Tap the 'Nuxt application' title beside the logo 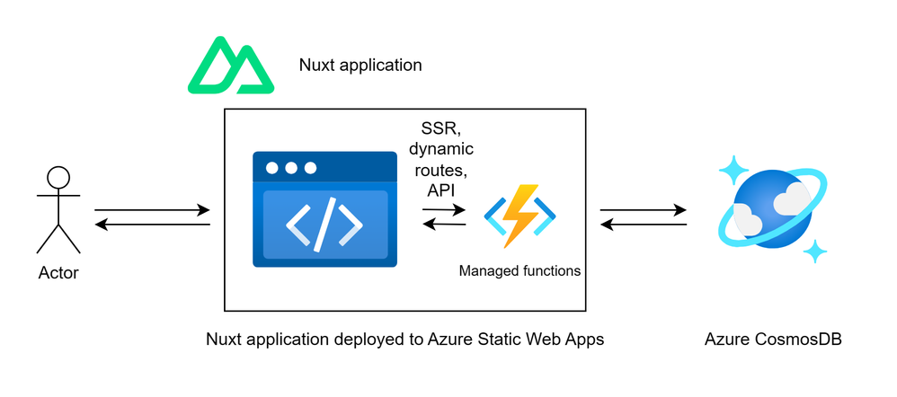coord(360,66)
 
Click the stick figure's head coord(58,177)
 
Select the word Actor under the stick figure coord(58,273)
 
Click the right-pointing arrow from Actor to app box coord(152,211)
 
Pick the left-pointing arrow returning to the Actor coord(152,225)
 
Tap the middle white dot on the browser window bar coord(290,168)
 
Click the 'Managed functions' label coord(520,270)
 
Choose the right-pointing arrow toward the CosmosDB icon coord(643,211)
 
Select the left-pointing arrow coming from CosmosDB coord(643,225)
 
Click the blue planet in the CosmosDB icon coord(770,208)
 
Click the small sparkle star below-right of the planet coord(814,251)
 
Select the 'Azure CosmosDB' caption coord(773,340)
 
